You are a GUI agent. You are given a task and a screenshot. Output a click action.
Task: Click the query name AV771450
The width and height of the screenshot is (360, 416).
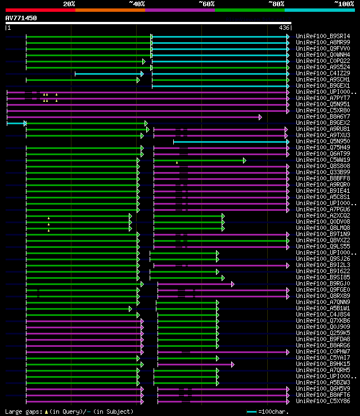coord(21,18)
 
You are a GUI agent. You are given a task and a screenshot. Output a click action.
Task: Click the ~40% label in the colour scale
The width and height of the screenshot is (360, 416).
coord(137,4)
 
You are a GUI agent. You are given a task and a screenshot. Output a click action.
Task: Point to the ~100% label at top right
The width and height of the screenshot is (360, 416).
coord(344,4)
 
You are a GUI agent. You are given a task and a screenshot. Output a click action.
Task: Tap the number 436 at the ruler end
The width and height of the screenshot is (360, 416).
coord(285,28)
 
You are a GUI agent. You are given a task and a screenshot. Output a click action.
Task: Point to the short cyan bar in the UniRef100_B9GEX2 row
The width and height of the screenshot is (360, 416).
coord(16,123)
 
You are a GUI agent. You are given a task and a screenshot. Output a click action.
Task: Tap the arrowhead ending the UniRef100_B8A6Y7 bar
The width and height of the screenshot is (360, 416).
coord(260,117)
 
